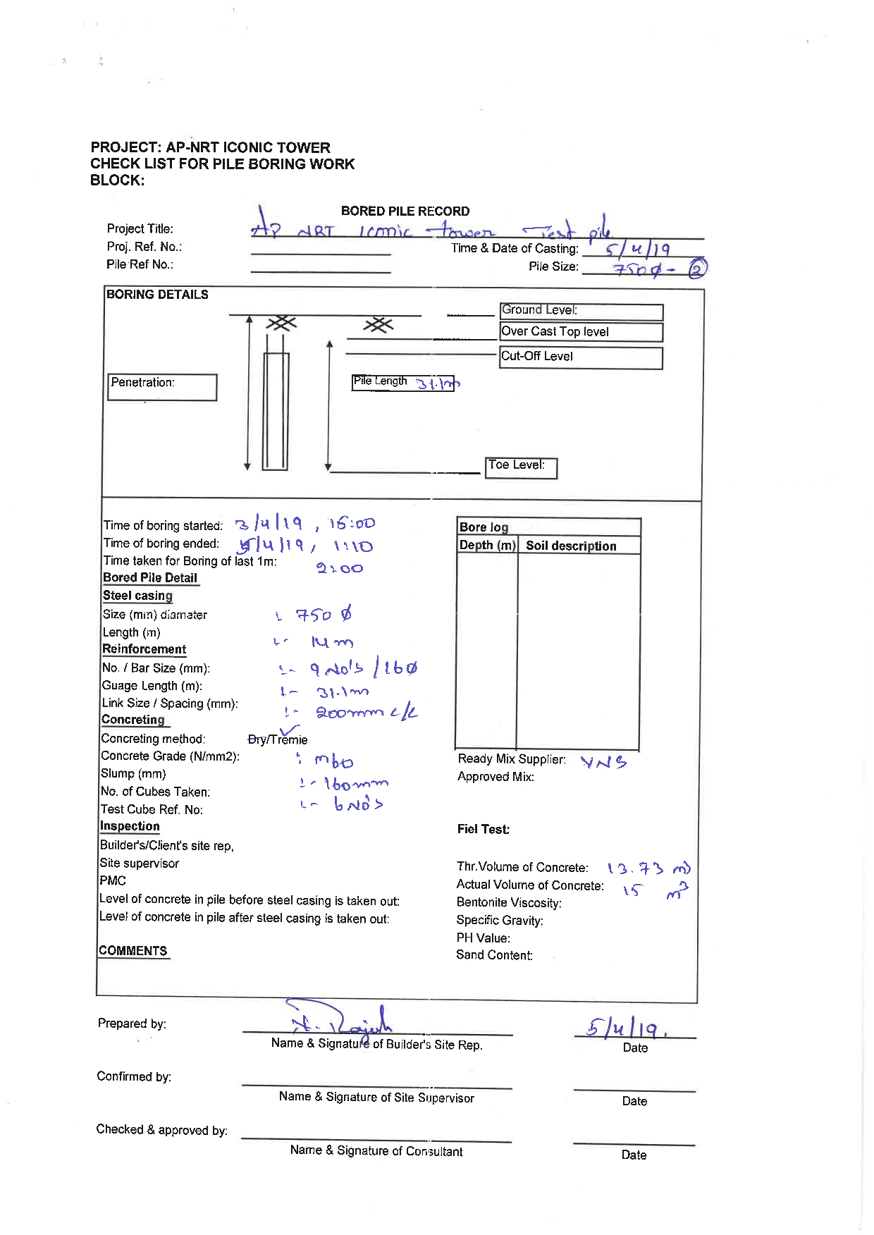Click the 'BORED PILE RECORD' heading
405,211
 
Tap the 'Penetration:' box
162,387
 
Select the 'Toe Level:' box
521,467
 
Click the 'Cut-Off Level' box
581,357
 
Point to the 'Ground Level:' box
581,312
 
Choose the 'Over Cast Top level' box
581,332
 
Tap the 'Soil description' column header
571,546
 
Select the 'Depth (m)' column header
487,546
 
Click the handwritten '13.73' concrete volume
635,868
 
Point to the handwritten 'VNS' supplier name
603,762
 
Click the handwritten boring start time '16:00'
352,524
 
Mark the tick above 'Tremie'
289,730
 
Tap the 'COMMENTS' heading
133,950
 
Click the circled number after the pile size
696,269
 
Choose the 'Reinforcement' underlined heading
144,649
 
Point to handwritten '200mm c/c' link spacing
366,713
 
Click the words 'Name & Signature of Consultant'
376,1151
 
